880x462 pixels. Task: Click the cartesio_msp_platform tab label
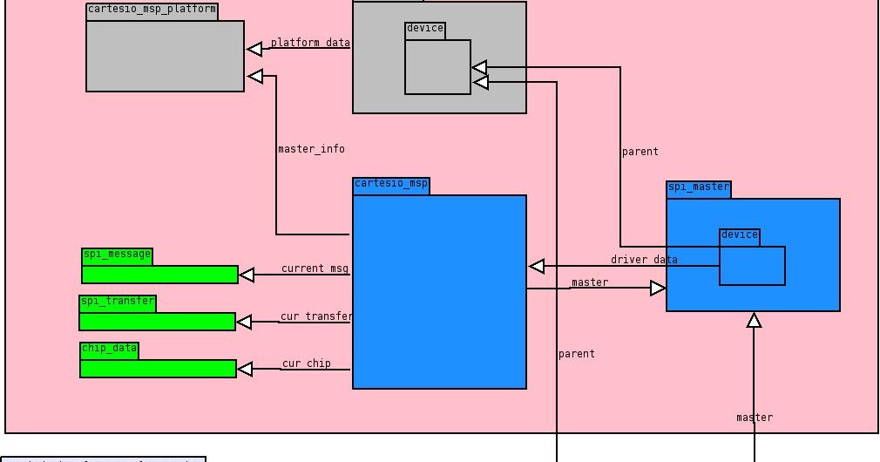coord(152,11)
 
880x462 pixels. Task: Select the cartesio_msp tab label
coord(391,186)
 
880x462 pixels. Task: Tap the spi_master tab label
coord(698,189)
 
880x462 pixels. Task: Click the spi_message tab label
coord(117,256)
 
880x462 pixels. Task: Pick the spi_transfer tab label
coord(118,303)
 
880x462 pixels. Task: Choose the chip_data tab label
coord(109,350)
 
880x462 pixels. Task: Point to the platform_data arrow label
coord(310,43)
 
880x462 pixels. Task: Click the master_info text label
coord(311,149)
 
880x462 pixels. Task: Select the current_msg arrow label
coord(315,269)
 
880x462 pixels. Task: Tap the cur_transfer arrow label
coord(316,316)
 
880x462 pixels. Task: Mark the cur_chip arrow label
coord(306,363)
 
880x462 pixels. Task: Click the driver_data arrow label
coord(644,260)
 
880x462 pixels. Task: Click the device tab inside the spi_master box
coord(739,236)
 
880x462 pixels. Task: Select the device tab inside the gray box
coord(424,30)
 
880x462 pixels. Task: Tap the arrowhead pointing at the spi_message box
coord(247,275)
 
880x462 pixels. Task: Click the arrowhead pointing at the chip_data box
coord(245,370)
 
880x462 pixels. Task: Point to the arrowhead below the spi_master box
coord(754,320)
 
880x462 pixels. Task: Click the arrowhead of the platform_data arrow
coord(254,49)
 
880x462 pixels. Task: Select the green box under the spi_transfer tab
coord(157,322)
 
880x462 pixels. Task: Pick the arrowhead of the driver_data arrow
coord(537,266)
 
